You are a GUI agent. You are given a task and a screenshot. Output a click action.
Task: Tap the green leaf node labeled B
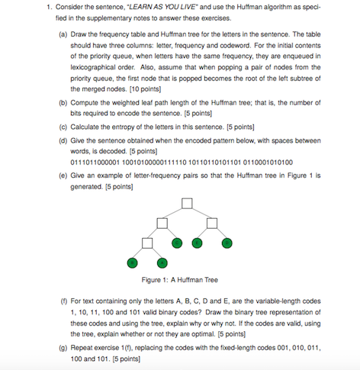pos(130,262)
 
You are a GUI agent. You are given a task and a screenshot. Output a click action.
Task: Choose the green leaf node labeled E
pos(197,243)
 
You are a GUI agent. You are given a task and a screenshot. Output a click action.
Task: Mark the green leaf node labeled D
pos(227,243)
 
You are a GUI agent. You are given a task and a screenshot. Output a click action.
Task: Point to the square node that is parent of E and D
pos(211,223)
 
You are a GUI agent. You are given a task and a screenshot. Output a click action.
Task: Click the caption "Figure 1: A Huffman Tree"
pos(185,279)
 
